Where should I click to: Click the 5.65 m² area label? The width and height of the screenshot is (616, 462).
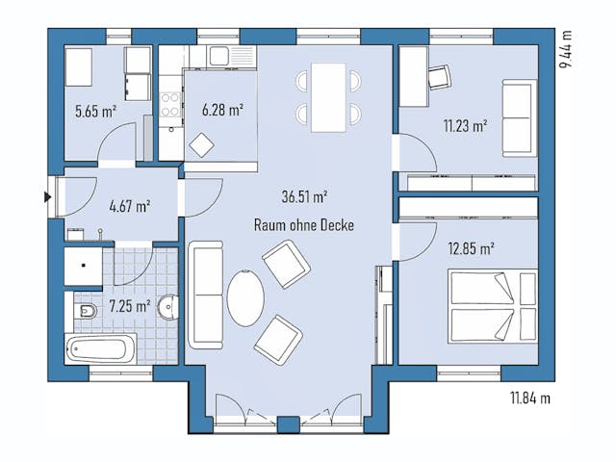(x=95, y=111)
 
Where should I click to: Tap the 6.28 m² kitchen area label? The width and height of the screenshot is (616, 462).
(x=221, y=110)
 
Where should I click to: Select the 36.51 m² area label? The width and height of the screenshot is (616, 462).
(x=305, y=195)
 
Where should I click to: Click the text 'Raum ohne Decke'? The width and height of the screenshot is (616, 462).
(x=304, y=224)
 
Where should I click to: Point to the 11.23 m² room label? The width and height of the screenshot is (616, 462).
(x=464, y=125)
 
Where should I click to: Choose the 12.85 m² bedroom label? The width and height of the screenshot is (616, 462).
(x=471, y=247)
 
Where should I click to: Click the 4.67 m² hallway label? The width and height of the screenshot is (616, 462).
(x=129, y=205)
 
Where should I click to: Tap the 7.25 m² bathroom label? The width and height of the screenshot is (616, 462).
(x=129, y=306)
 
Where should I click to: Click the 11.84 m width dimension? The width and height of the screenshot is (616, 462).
(x=529, y=397)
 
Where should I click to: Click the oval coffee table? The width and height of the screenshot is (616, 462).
(x=245, y=297)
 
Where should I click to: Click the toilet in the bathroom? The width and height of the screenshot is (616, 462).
(x=86, y=311)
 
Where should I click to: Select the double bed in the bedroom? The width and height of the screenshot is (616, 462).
(x=491, y=305)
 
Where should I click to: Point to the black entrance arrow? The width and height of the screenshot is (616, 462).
(x=47, y=198)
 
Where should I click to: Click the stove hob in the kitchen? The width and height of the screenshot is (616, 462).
(x=171, y=103)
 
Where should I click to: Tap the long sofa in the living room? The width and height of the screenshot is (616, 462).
(x=205, y=294)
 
